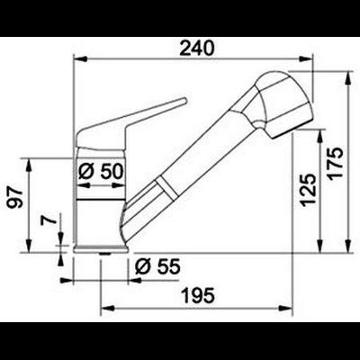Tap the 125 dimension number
(308, 190)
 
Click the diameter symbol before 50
(86, 170)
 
